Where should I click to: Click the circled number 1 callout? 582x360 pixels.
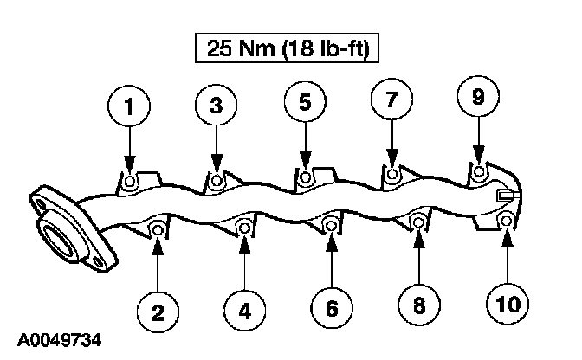pos(129,108)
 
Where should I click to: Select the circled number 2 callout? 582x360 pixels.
pos(158,308)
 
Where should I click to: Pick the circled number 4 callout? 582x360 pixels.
pos(245,308)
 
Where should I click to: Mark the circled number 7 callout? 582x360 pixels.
pos(391,100)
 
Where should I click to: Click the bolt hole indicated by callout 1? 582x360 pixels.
pos(129,181)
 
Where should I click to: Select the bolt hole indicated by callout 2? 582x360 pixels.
pos(158,230)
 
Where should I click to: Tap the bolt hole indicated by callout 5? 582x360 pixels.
pos(305,177)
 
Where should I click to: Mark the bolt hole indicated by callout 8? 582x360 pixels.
pos(417,222)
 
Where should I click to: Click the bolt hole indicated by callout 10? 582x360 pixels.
pos(508,222)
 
